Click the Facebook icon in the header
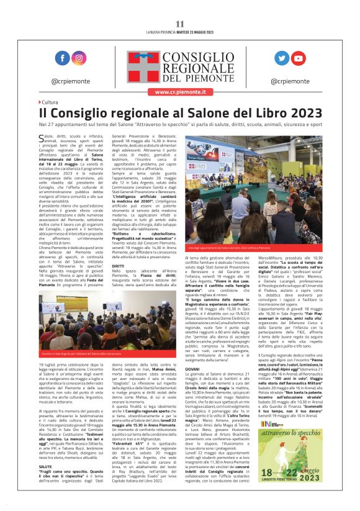point(62,58)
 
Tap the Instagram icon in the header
point(79,58)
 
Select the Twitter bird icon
point(282,58)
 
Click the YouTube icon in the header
point(299,58)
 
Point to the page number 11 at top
point(180,24)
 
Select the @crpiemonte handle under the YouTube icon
point(290,81)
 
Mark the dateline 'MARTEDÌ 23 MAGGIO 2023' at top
point(195,32)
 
